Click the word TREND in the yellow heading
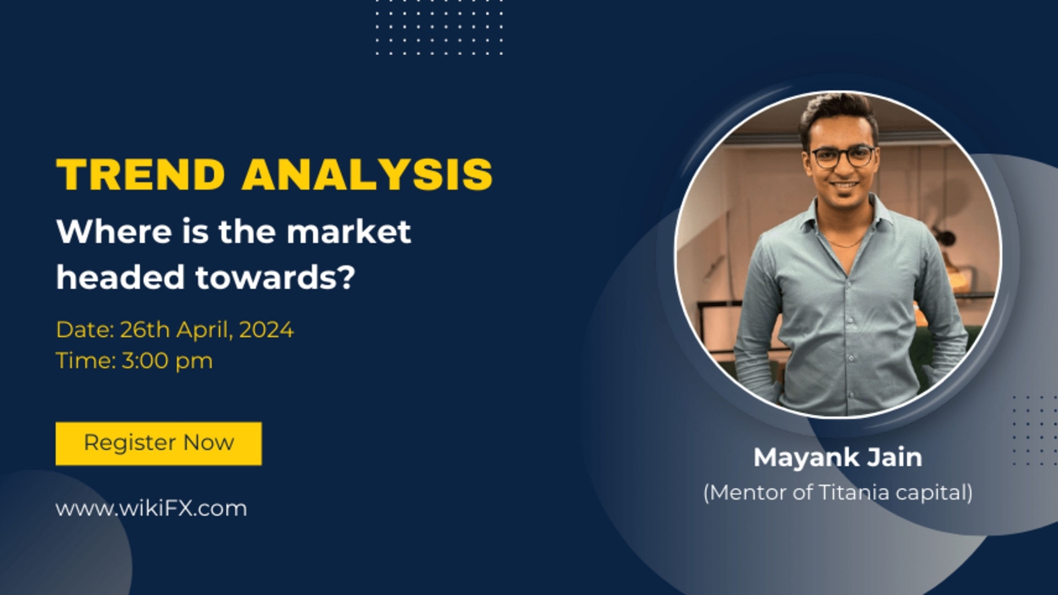point(141,175)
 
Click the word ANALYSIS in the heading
point(367,175)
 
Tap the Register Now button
point(159,443)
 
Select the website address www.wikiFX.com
point(151,508)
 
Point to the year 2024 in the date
point(266,330)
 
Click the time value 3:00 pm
point(167,361)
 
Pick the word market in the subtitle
point(349,231)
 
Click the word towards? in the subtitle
point(275,277)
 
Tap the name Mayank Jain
point(838,457)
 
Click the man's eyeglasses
point(843,157)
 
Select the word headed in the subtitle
point(120,277)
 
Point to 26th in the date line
point(144,330)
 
